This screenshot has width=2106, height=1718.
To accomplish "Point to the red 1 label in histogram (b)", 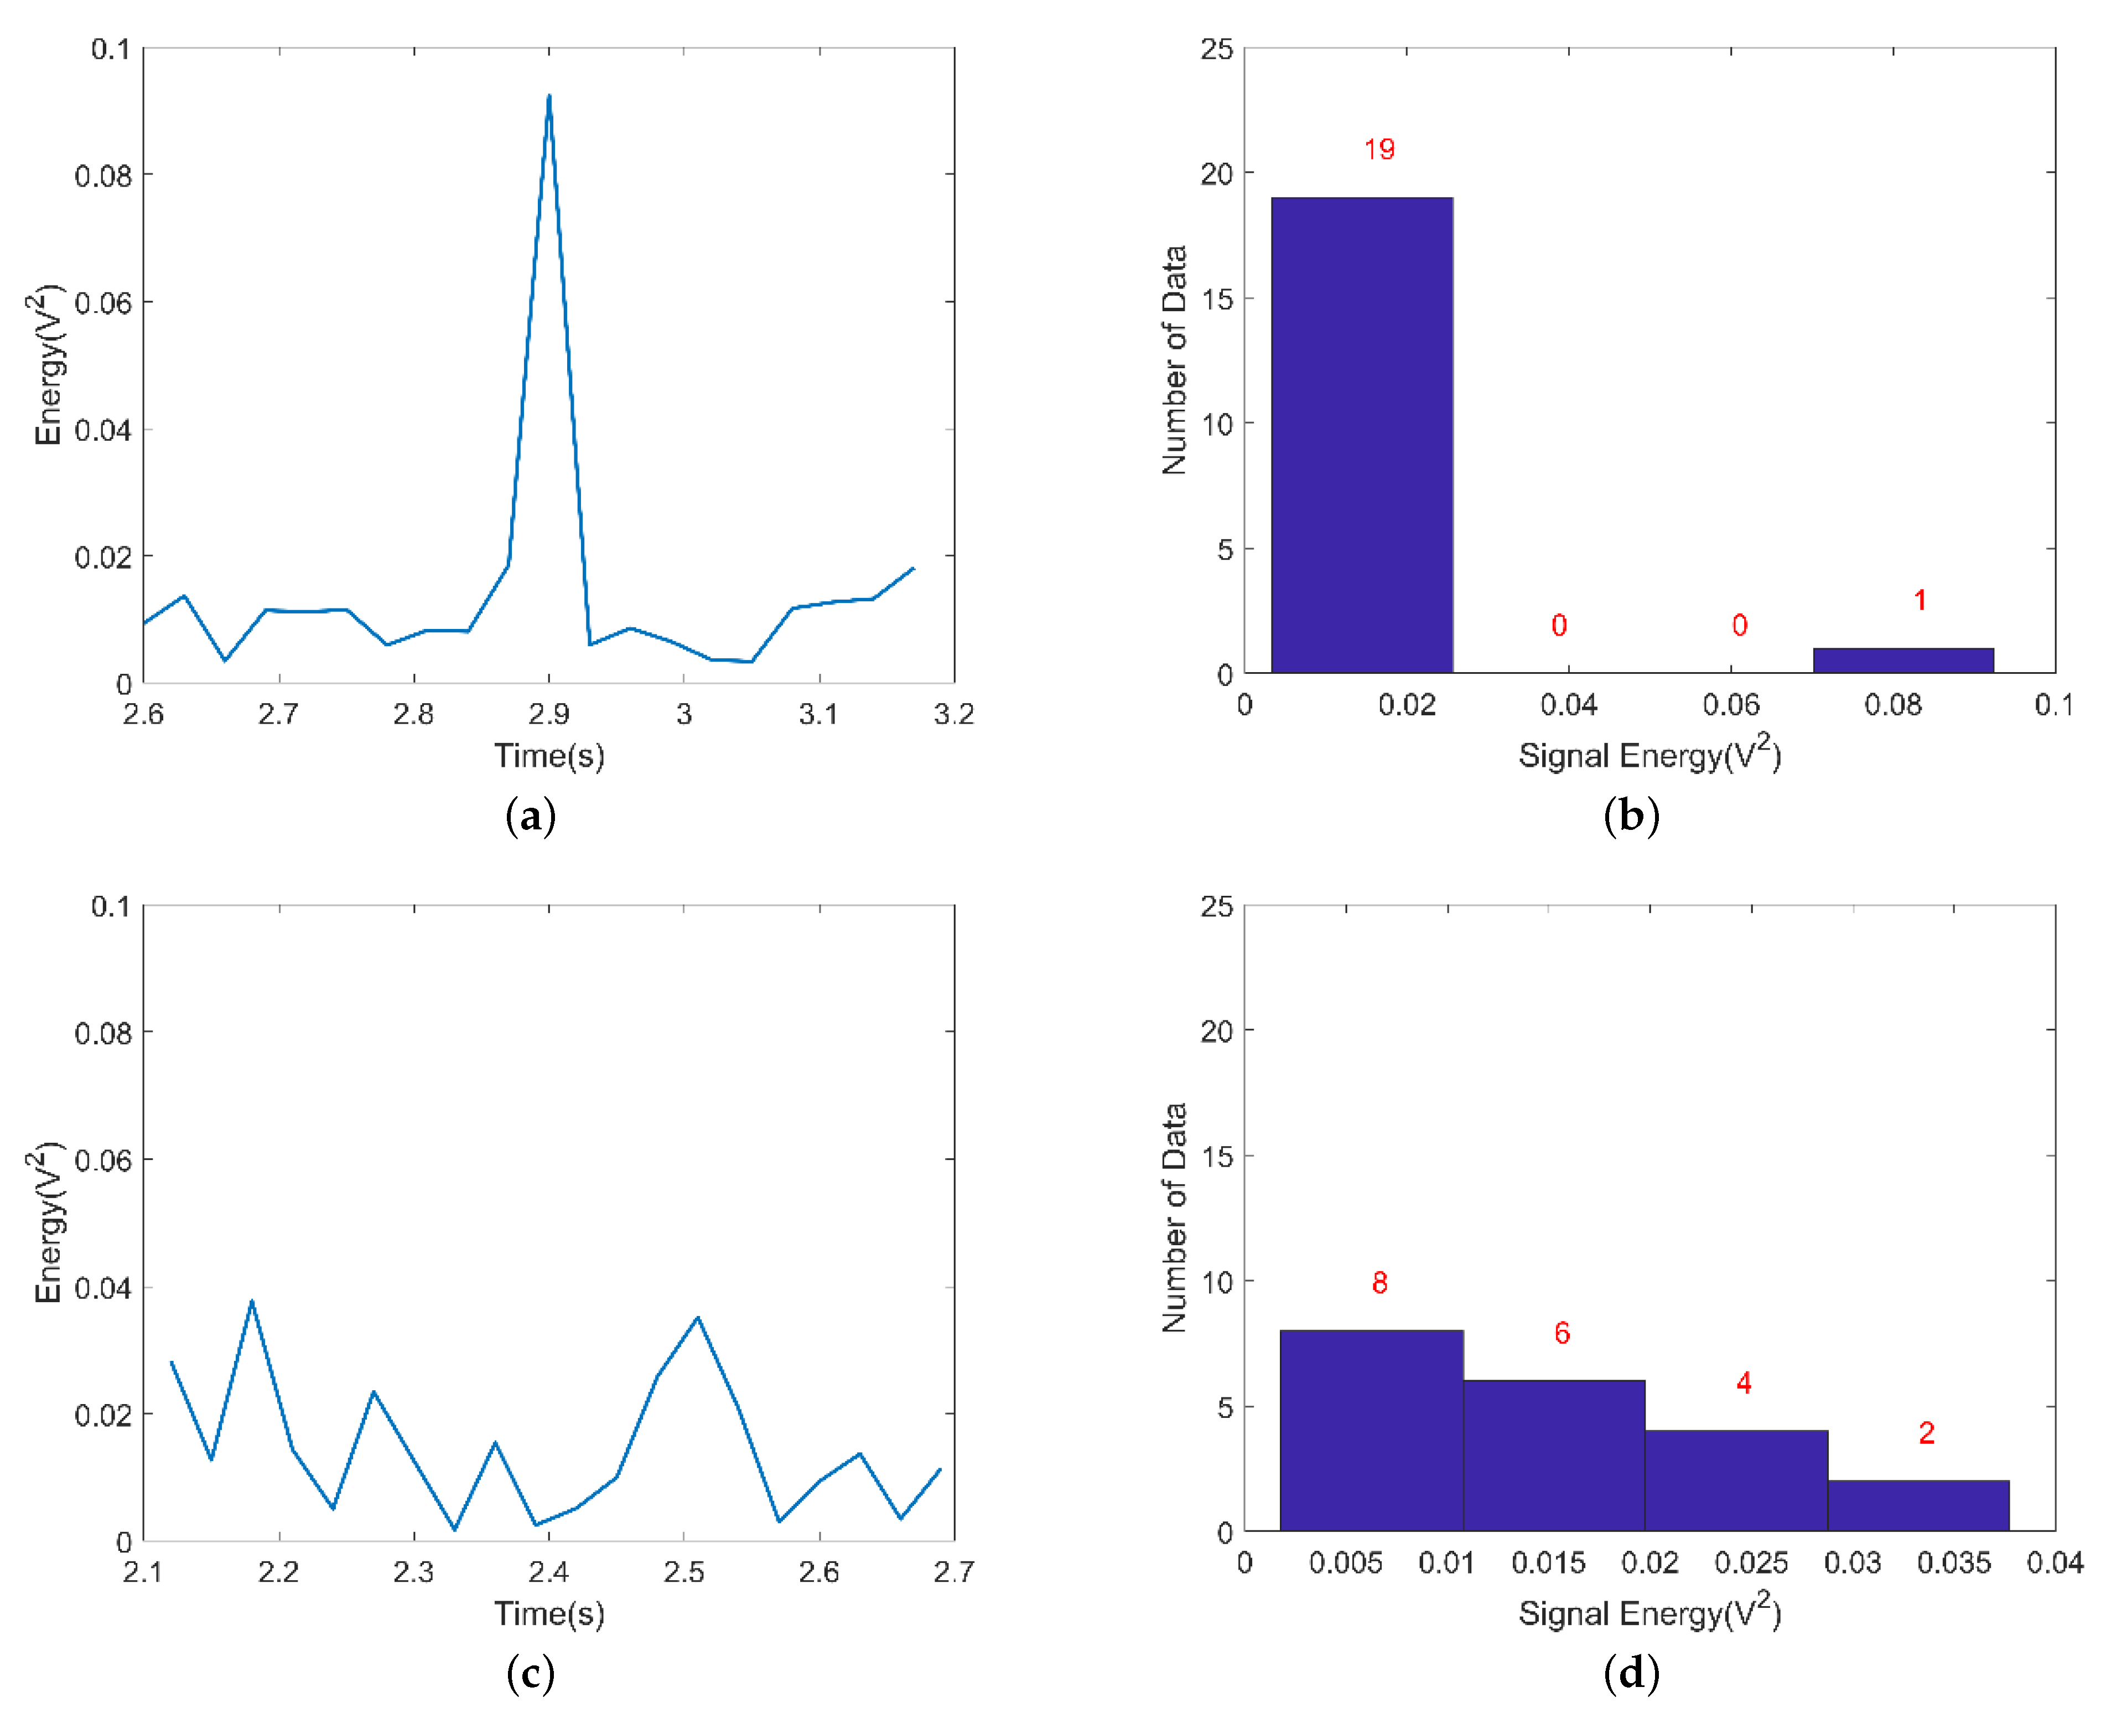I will point(1919,600).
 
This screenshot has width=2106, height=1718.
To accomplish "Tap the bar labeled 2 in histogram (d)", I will point(1917,1505).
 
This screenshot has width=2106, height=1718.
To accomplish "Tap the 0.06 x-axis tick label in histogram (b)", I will point(1730,705).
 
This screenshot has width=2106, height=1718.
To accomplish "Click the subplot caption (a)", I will point(530,817).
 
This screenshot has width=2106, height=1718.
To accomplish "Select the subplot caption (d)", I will point(1630,1674).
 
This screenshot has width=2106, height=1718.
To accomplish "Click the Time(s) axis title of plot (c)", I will point(549,1613).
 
